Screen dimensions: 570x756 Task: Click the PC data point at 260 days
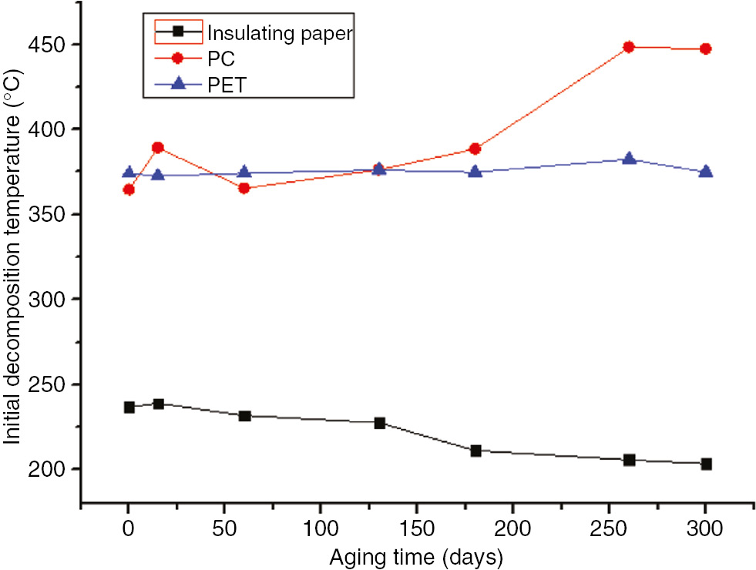coord(629,47)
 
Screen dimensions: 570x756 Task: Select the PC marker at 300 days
coord(705,49)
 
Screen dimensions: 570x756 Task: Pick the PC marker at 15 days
coord(158,147)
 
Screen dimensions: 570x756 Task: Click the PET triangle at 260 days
coord(629,159)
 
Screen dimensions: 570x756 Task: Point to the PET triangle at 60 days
coord(244,172)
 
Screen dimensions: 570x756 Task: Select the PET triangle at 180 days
coord(475,171)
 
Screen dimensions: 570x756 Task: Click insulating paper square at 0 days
coord(129,407)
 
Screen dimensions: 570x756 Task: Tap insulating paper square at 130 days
coord(379,423)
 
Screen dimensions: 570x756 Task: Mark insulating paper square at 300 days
coord(705,464)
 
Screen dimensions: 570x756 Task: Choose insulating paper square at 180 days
coord(475,451)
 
